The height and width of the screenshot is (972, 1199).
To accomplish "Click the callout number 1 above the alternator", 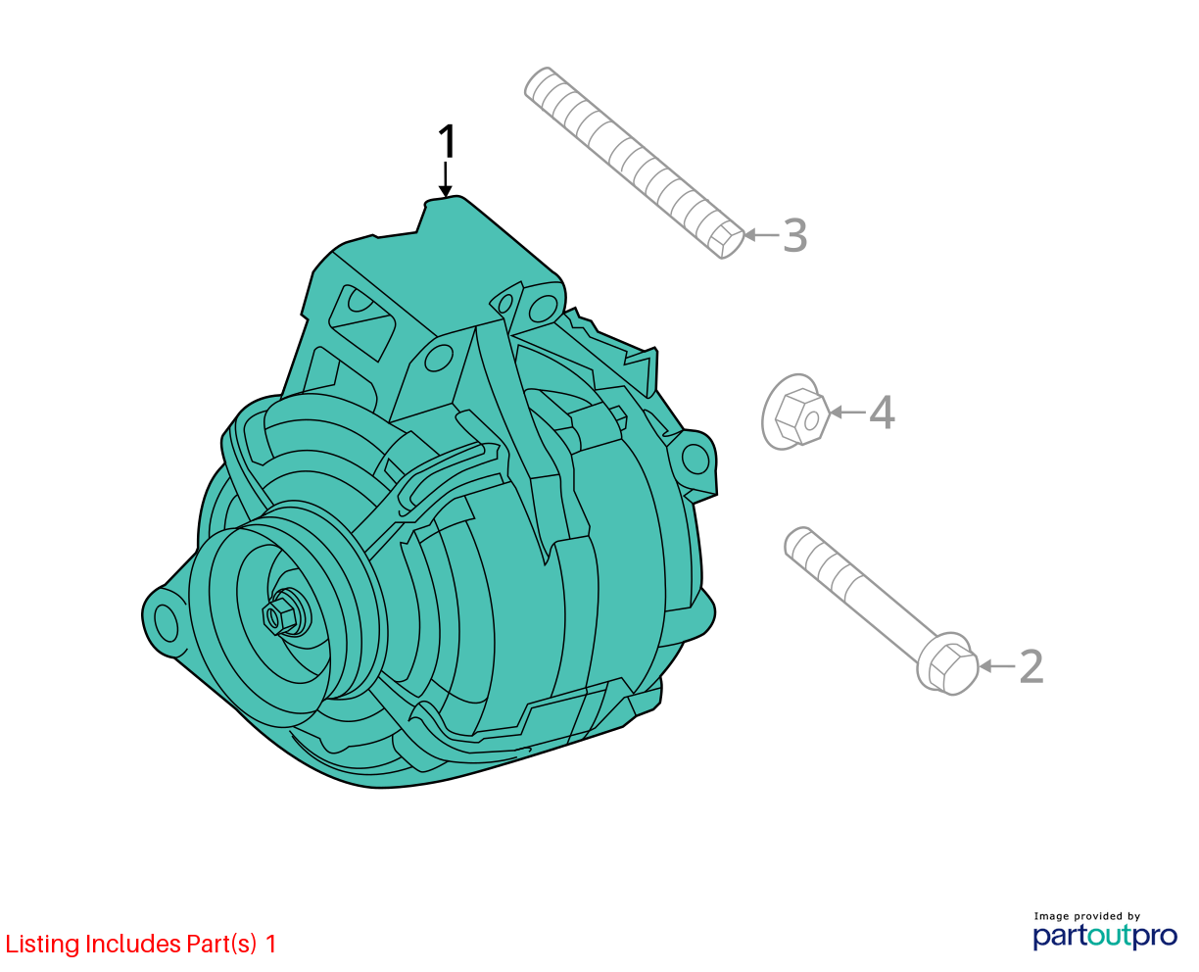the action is click(447, 141).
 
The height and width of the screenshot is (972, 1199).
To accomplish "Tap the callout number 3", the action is click(794, 235).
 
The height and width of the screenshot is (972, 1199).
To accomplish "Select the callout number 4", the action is click(882, 413).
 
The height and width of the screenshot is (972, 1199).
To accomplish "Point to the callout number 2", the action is click(1031, 666).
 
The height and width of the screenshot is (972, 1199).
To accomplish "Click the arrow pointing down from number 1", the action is click(446, 179).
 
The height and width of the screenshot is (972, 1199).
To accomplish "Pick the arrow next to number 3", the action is click(761, 235).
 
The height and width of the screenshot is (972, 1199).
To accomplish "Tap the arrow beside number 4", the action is click(847, 413).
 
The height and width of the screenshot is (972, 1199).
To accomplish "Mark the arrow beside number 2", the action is click(997, 666).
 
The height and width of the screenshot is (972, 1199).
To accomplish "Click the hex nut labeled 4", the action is click(796, 412).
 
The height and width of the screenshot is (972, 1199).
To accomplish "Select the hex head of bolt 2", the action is click(948, 664).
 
